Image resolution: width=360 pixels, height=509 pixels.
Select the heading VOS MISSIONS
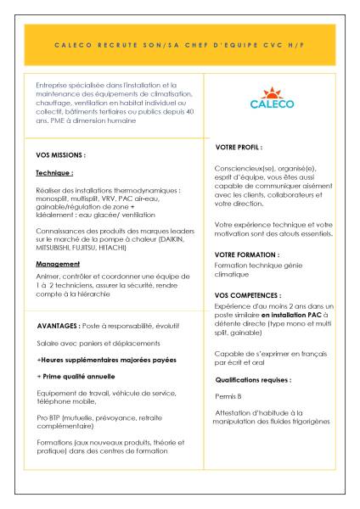point(62,156)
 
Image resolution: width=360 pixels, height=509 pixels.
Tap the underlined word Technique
point(53,172)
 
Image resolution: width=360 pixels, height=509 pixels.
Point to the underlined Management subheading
point(58,264)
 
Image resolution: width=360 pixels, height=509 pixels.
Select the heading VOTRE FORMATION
point(247,254)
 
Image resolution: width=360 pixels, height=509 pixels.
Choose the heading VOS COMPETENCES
point(250,294)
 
